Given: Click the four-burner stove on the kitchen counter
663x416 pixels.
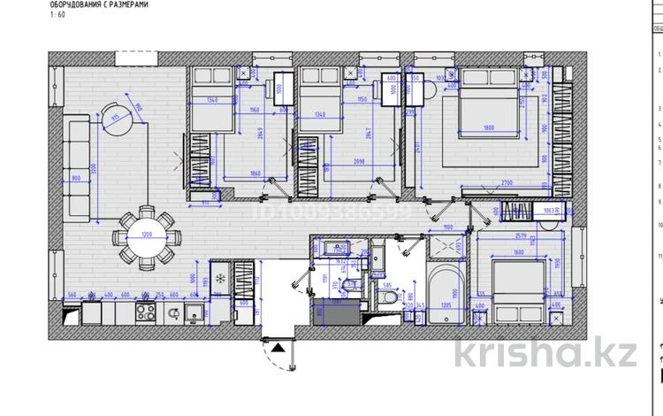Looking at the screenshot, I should [x=146, y=312].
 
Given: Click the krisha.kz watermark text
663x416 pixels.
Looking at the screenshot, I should [x=546, y=354].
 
